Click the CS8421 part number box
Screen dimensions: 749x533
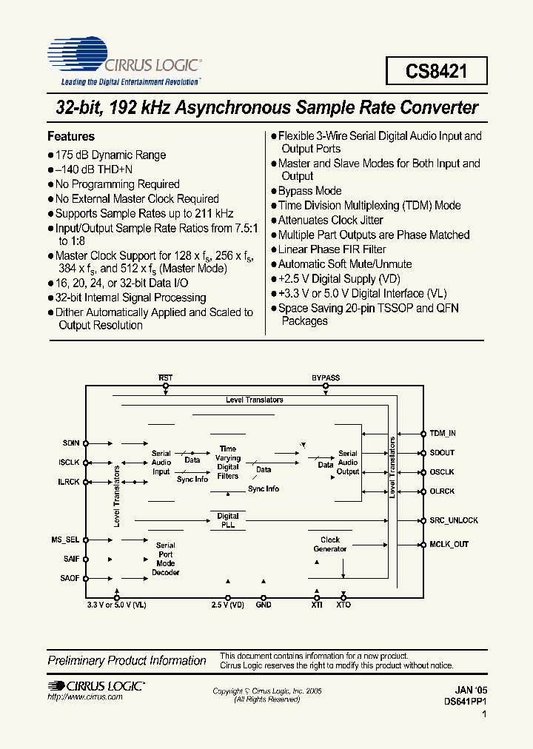tap(436, 71)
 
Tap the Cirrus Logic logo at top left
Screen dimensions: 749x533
tap(124, 60)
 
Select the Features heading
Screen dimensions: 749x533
tap(71, 136)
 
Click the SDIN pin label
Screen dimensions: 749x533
tap(71, 443)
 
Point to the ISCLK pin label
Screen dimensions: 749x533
tap(70, 463)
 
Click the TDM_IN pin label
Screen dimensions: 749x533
tap(443, 433)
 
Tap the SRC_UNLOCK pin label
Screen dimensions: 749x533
tap(454, 520)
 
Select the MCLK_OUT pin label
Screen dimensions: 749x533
tap(449, 544)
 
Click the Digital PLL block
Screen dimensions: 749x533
tap(228, 520)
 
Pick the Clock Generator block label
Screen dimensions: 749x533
tap(330, 544)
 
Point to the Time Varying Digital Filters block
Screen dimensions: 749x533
tap(228, 462)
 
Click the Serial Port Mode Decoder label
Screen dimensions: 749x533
tap(166, 559)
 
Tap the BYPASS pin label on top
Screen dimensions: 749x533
tap(326, 377)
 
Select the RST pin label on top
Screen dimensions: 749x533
tap(166, 377)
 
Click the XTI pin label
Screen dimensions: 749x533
tap(317, 605)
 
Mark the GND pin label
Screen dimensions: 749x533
tap(263, 605)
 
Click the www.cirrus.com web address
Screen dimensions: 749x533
tap(75, 698)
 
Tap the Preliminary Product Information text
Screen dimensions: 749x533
tap(127, 660)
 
